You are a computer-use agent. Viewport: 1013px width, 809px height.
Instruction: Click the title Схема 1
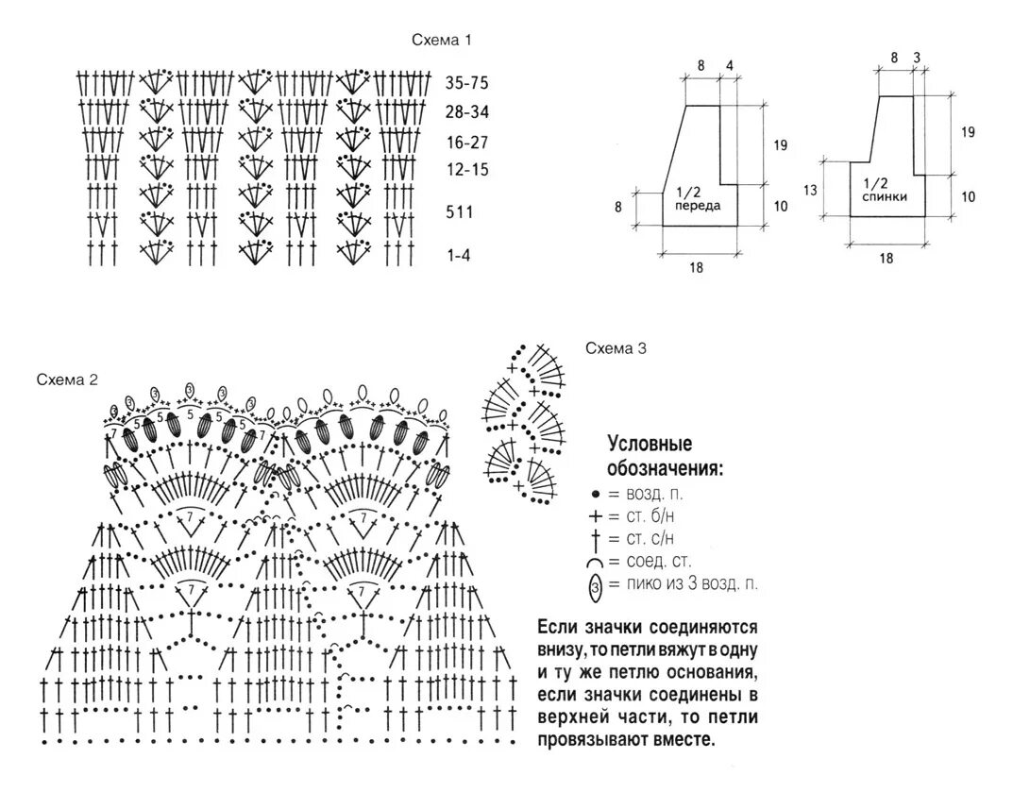(441, 40)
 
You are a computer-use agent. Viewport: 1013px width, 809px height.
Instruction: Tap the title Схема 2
(67, 379)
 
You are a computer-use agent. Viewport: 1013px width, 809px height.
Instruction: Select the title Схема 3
(615, 348)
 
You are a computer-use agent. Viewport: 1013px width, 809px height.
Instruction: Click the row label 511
(460, 212)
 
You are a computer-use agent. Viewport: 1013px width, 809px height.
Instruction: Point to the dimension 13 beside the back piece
(809, 189)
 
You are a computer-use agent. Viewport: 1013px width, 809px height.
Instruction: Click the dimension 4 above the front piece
(729, 65)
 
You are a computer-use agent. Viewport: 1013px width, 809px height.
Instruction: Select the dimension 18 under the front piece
(696, 267)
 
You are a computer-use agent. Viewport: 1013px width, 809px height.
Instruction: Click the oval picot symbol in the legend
(595, 587)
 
